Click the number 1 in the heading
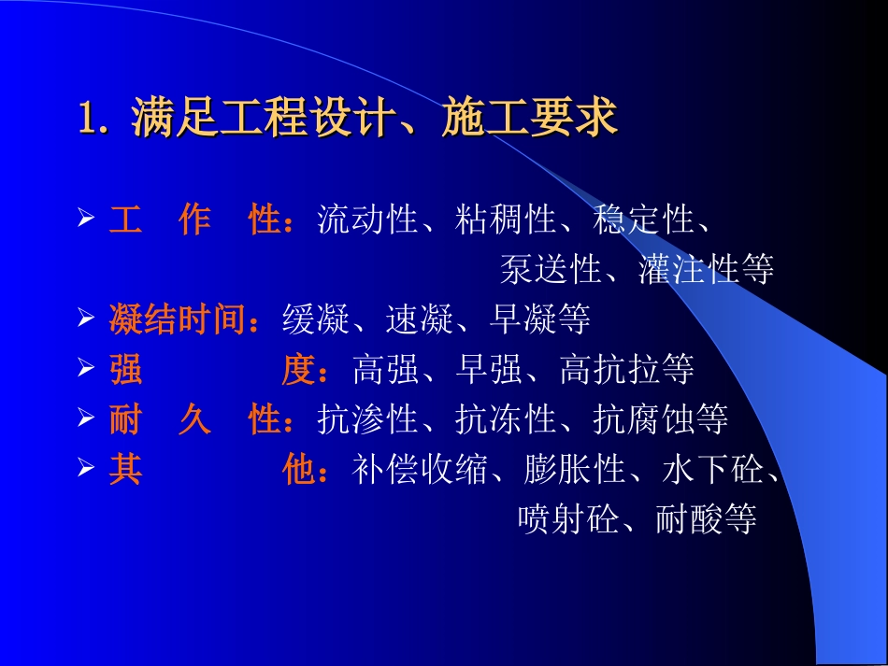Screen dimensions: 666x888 88,120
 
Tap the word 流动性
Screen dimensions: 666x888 367,220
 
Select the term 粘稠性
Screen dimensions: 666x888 506,220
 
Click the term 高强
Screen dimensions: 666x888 387,370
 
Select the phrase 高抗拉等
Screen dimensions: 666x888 627,370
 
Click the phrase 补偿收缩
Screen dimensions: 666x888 420,469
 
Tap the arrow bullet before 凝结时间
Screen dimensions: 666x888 86,320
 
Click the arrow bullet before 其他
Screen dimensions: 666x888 86,469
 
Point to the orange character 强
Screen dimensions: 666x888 125,370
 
